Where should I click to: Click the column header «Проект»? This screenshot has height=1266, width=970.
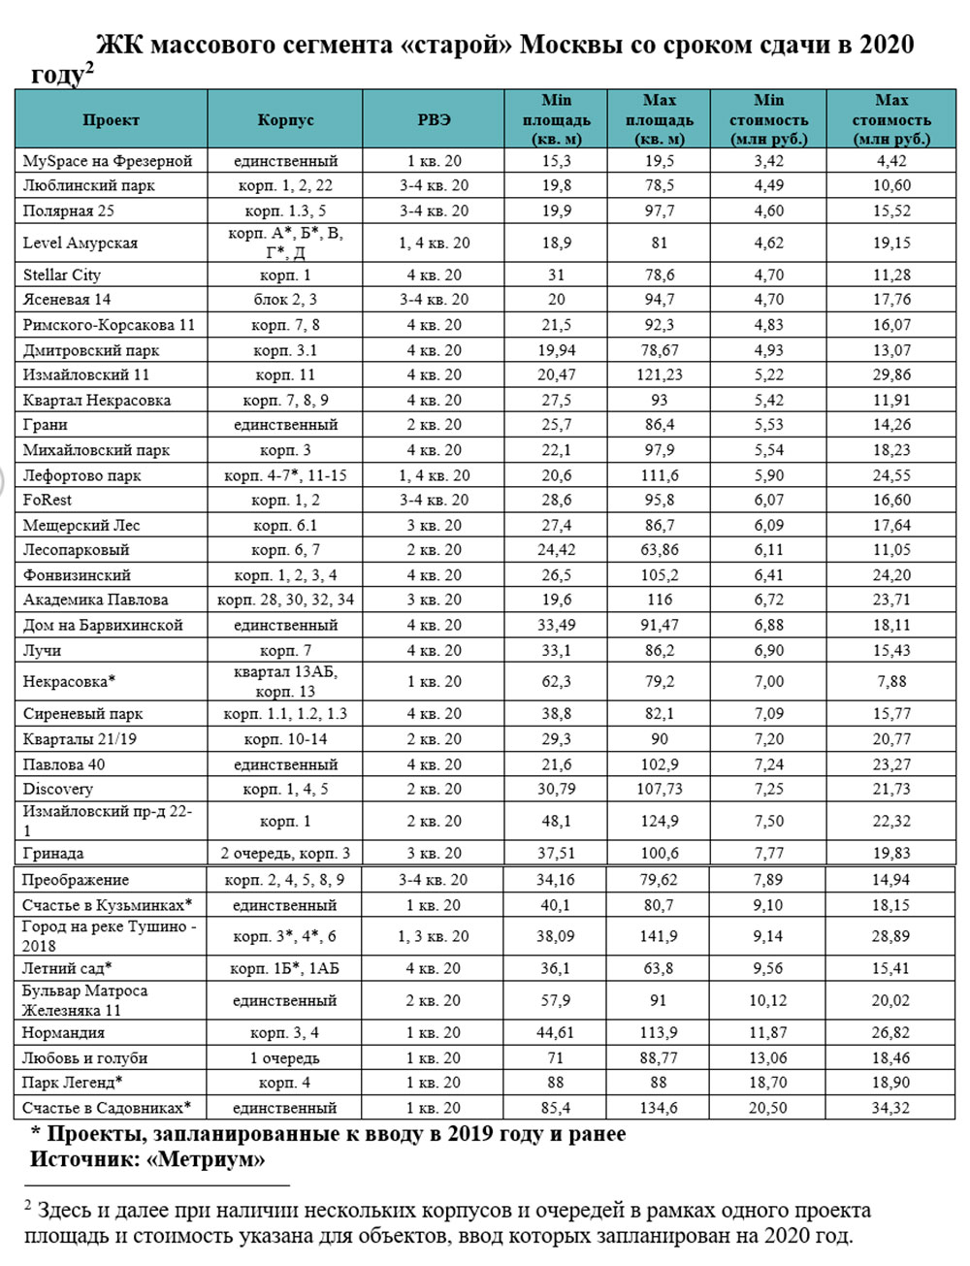click(111, 120)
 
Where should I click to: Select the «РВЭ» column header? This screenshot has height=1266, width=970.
click(434, 120)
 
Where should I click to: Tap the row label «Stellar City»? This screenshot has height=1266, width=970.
click(62, 275)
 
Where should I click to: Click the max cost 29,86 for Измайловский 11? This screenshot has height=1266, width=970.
click(891, 374)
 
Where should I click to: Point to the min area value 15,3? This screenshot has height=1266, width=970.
click(556, 161)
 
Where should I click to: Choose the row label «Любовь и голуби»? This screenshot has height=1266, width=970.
click(85, 1057)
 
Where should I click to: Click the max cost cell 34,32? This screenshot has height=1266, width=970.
click(891, 1107)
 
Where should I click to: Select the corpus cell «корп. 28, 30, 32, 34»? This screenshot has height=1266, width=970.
click(285, 600)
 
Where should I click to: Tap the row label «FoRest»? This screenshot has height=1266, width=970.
click(48, 500)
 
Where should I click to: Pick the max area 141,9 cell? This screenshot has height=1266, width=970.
click(660, 936)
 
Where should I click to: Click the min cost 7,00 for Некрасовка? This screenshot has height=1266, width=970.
click(768, 681)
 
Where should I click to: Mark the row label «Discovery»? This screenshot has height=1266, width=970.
click(58, 789)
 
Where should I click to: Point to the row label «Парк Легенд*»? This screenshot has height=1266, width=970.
click(73, 1082)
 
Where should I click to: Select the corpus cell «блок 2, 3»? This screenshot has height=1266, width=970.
click(285, 300)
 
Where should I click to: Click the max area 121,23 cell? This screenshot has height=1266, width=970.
click(660, 374)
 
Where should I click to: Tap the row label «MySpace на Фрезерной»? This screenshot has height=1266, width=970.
click(108, 161)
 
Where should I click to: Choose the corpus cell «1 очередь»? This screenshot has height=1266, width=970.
click(285, 1057)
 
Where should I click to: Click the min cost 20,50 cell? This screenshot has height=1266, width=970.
click(768, 1107)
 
